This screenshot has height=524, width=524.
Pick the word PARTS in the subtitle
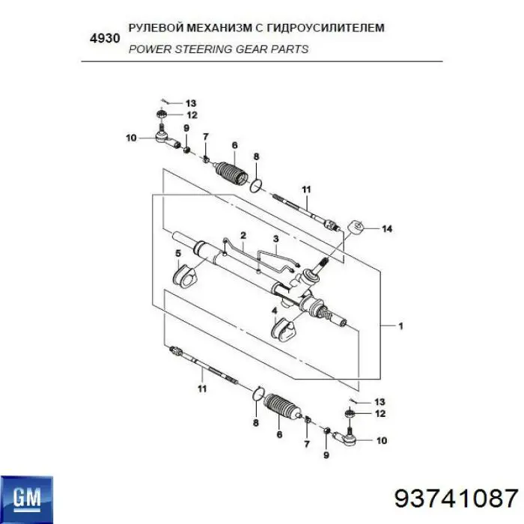(x=293, y=49)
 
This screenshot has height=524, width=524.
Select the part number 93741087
(x=457, y=497)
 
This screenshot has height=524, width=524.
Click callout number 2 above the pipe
(x=243, y=234)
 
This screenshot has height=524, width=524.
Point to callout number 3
(x=275, y=240)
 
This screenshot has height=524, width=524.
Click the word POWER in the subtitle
(x=148, y=49)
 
